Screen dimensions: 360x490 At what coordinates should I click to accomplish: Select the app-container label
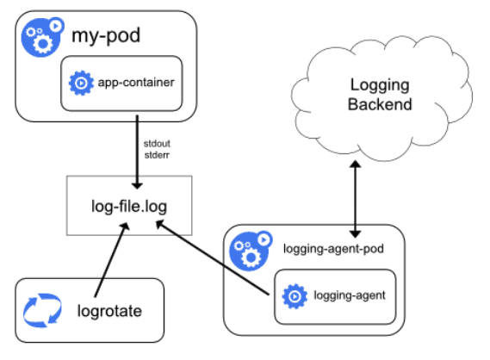(x=134, y=83)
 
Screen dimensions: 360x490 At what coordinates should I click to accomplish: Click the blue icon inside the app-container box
(x=81, y=84)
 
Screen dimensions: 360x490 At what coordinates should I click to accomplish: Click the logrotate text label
(x=110, y=312)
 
